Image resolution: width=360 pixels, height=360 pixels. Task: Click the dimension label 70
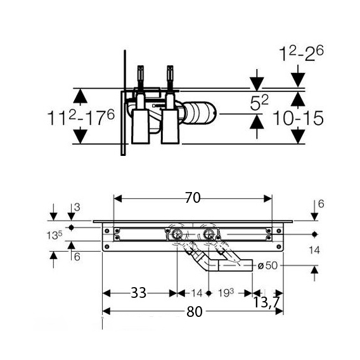(x=193, y=198)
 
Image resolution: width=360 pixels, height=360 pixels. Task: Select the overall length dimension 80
(x=194, y=312)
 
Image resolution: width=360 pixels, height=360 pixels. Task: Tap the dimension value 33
(x=138, y=293)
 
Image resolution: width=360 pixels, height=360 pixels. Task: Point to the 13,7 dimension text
(x=266, y=302)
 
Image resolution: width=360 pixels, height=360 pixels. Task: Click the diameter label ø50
(x=267, y=266)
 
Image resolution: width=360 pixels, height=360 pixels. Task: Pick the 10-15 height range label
(x=298, y=119)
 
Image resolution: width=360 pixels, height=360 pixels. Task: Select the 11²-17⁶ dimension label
(x=81, y=118)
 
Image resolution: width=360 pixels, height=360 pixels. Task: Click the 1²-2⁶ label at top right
(x=301, y=53)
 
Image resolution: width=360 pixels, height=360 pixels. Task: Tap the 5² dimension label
(x=259, y=103)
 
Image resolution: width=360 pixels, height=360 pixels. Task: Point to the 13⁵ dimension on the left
(x=55, y=235)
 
